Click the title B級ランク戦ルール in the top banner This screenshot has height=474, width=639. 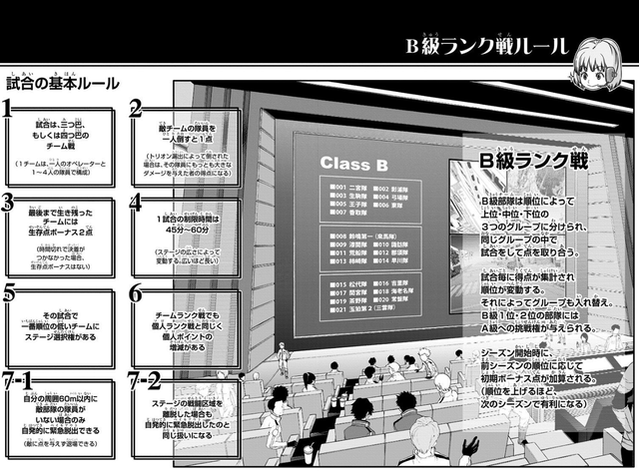point(486,46)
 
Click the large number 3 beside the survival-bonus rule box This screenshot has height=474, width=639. point(9,204)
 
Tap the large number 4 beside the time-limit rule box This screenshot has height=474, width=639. point(137,204)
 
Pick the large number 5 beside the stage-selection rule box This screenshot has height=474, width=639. point(9,294)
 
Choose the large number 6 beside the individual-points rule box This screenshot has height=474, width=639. point(137,294)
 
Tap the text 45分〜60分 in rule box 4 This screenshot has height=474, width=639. point(186,232)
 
